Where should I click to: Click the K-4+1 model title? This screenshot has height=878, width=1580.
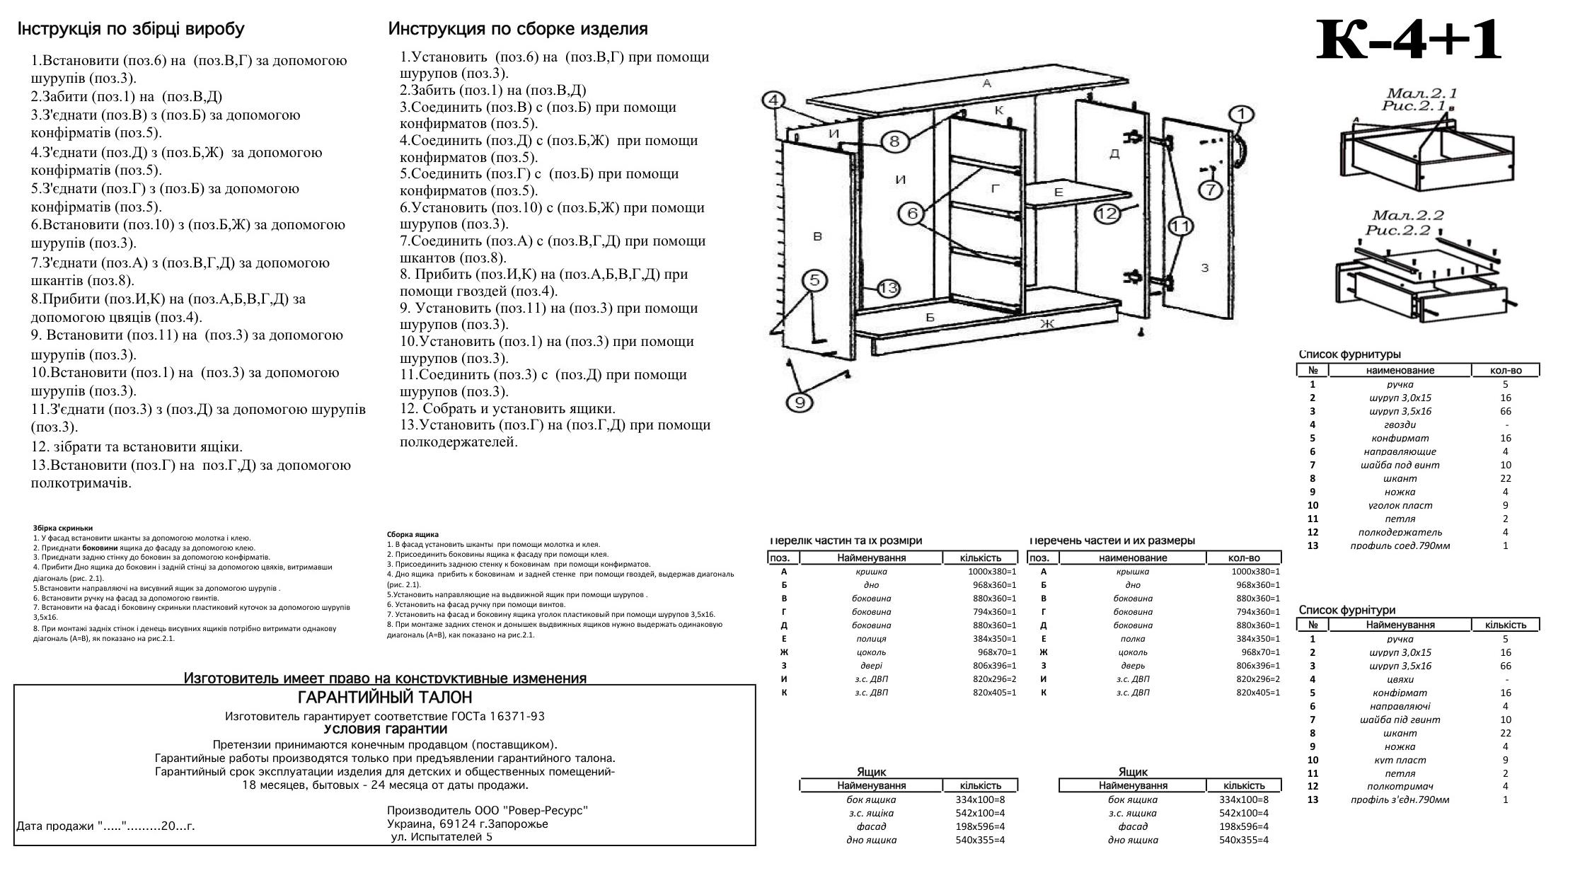[1408, 41]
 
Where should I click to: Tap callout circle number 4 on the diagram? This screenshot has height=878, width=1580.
[774, 100]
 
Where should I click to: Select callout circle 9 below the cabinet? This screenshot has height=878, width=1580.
[800, 402]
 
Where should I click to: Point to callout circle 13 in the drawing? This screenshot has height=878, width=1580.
[889, 288]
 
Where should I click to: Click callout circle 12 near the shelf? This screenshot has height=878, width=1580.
[1107, 213]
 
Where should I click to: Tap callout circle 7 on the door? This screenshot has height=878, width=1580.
[1211, 190]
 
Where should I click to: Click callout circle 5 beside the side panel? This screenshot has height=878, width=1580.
[814, 280]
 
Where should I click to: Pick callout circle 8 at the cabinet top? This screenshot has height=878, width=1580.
[894, 141]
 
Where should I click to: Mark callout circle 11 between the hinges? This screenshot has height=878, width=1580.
[1180, 226]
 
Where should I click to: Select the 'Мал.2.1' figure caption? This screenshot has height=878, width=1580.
[1421, 93]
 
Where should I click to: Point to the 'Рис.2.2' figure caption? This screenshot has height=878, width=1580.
[1397, 230]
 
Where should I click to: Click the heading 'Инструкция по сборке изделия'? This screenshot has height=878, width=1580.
[518, 29]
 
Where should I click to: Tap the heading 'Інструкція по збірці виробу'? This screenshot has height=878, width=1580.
[131, 29]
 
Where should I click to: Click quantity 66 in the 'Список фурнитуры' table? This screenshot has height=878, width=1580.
[1505, 411]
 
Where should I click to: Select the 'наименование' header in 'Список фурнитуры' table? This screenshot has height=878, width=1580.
[1400, 370]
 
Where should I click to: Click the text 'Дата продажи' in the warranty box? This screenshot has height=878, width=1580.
[56, 826]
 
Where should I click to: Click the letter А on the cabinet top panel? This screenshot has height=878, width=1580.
[987, 83]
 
